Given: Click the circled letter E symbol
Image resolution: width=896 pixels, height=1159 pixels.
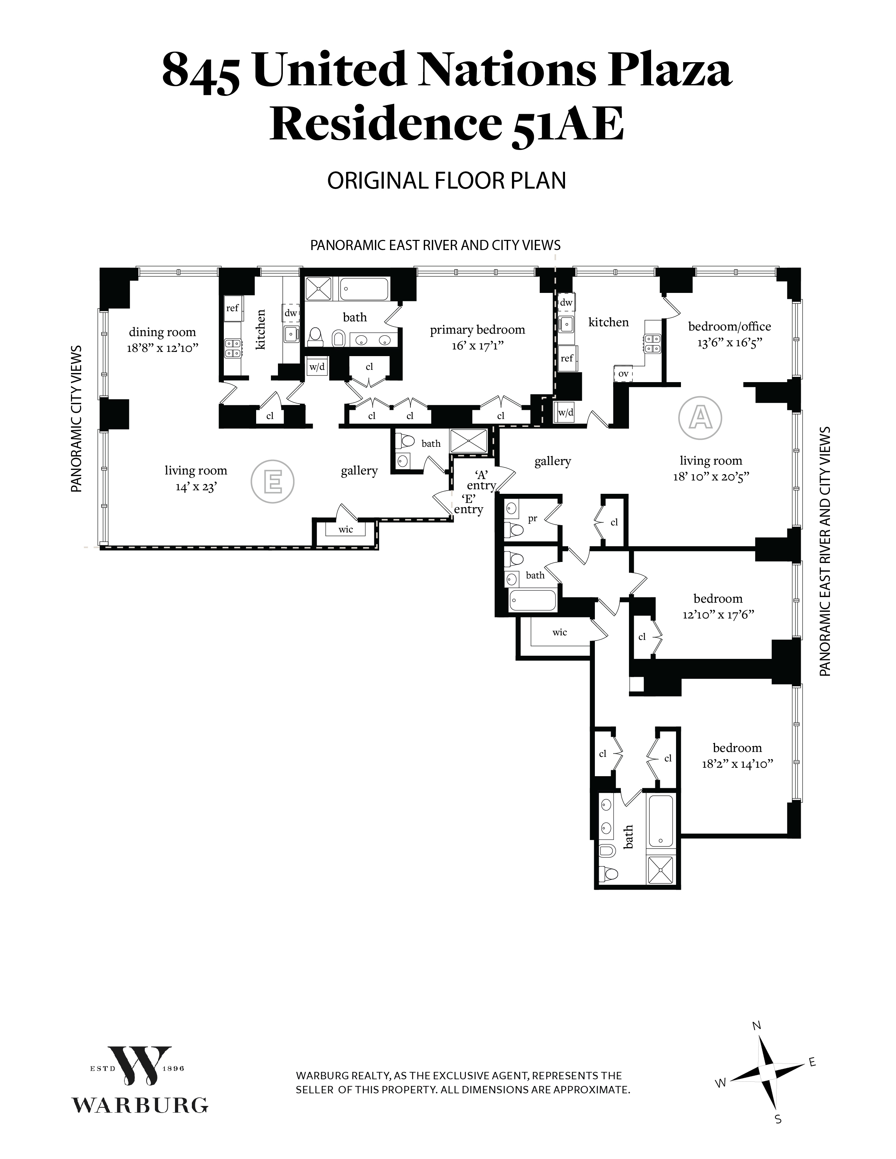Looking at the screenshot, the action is [x=272, y=481].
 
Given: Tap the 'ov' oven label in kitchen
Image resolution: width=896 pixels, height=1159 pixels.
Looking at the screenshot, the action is [x=623, y=374].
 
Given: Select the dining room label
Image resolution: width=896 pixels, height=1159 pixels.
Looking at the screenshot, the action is [x=162, y=332].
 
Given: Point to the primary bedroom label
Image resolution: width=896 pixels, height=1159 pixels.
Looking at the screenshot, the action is [x=477, y=330].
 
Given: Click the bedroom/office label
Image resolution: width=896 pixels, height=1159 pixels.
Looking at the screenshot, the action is [x=729, y=326].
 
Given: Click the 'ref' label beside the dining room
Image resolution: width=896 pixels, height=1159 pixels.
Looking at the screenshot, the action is [x=233, y=308].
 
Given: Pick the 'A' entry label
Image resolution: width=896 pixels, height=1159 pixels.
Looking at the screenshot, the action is [x=481, y=480].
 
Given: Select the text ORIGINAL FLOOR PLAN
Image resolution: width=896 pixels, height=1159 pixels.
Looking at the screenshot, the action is [x=446, y=181].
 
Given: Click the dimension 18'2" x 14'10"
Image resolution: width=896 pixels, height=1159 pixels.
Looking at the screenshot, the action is [x=737, y=763].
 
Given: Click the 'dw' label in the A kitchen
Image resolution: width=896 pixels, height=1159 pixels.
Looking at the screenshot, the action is [x=566, y=302].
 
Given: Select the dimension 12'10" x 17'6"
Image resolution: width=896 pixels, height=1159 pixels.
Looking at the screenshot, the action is [x=719, y=614].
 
